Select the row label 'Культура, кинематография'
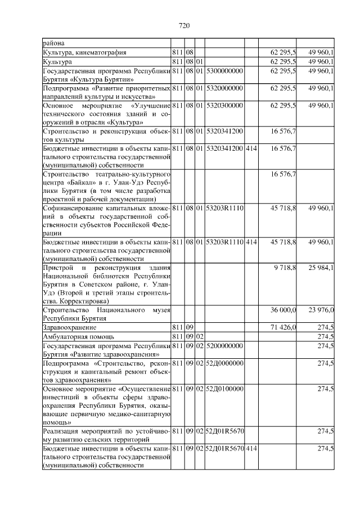84,52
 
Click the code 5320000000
224,88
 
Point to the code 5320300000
224,105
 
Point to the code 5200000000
224,345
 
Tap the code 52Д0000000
224,363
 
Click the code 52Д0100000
224,389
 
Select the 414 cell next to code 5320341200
251,148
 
